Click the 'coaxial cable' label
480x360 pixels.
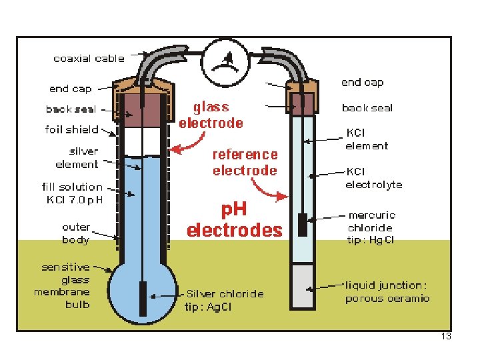coord(89,59)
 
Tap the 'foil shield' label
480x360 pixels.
coord(71,129)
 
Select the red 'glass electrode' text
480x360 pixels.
coord(211,115)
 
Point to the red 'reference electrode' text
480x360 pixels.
coord(245,163)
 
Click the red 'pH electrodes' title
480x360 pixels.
coord(235,220)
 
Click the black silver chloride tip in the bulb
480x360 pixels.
coord(143,299)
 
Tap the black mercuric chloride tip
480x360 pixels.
coord(303,225)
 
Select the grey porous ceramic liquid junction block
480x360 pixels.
coord(303,286)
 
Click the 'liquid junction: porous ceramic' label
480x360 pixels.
coord(387,292)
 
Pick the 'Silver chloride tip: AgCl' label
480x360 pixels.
coord(225,300)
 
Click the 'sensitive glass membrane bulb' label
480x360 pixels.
coord(62,285)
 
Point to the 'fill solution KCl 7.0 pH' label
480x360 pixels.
coord(73,193)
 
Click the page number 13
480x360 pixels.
coord(446,336)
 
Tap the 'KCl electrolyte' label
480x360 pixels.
coord(374,178)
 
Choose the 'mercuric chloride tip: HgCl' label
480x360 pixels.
coord(371,227)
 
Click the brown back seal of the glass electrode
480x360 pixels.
coord(142,109)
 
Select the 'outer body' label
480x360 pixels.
coord(76,233)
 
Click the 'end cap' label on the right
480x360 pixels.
coord(363,83)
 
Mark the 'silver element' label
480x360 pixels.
coord(77,157)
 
